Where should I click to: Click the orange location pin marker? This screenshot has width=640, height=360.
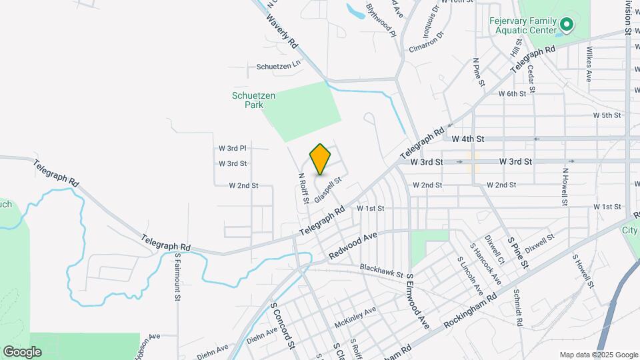tap(321, 159)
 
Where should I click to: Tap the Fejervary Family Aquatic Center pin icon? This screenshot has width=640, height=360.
tap(567, 25)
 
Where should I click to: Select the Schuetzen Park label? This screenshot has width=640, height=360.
tap(253, 100)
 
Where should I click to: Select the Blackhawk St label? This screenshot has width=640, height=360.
tap(381, 270)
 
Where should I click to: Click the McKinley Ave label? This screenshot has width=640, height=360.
tap(355, 314)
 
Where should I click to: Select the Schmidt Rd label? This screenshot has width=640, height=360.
tap(518, 307)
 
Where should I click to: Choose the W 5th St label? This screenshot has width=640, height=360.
tap(607, 115)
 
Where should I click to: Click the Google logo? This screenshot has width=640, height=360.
tap(22, 351)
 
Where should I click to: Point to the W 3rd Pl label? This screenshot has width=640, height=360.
tap(233, 148)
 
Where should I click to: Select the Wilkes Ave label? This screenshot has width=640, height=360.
tap(589, 64)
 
